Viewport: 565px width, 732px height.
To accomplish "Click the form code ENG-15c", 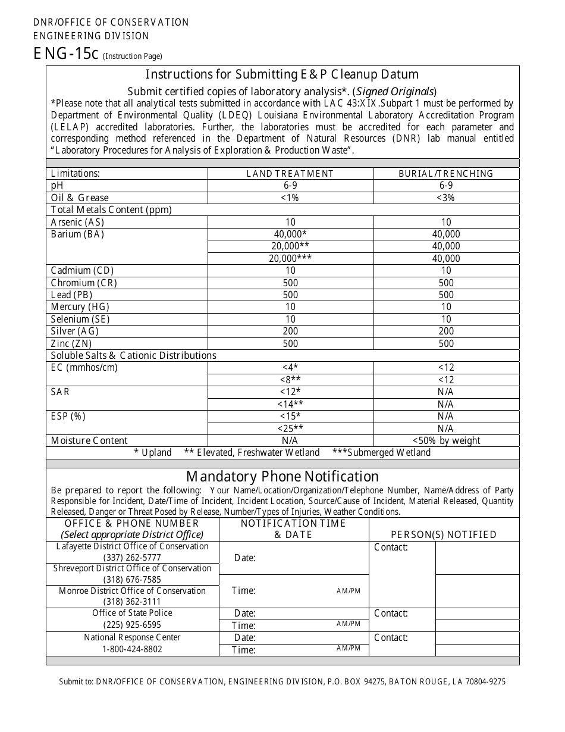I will [65, 54].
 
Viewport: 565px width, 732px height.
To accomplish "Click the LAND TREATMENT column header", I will [290, 174].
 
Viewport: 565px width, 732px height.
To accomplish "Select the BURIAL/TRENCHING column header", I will [446, 174].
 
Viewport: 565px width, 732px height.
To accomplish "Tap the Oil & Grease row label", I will [80, 198].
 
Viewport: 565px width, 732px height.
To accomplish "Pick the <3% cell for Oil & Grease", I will [446, 198].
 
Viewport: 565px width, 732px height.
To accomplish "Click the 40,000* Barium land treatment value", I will [290, 234].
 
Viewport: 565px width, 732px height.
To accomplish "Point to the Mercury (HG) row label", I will [80, 307].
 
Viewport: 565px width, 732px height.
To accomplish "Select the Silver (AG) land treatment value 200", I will [290, 331].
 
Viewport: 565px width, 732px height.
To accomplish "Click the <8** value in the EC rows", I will [290, 380].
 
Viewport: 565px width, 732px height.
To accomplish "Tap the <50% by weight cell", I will [446, 441].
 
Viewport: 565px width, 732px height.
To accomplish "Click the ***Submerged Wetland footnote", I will [381, 453].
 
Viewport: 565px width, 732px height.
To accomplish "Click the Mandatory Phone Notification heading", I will [282, 477].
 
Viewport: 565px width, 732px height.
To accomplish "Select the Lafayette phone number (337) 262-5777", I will [132, 558].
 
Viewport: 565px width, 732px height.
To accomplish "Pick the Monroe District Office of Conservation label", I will [132, 591].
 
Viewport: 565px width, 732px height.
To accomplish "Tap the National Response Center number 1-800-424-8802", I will [132, 649].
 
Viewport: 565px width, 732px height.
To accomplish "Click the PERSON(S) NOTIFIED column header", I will [444, 534].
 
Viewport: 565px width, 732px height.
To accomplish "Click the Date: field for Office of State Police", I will [245, 614].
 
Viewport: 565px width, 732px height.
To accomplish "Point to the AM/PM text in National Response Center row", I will [349, 648].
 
